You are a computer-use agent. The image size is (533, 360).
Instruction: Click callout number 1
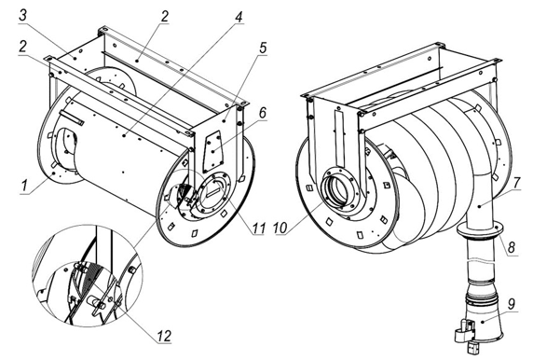coord(24,187)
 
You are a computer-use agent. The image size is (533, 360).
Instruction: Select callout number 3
coord(22,15)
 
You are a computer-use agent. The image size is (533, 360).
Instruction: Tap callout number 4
coord(239,16)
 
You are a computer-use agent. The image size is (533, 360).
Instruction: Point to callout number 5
coord(263,48)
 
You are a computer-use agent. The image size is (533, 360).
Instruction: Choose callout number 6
coord(263,113)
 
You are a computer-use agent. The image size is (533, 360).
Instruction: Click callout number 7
coord(516,183)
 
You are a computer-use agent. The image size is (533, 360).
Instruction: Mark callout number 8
coord(512,247)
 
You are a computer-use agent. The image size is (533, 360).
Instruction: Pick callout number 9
coord(511,303)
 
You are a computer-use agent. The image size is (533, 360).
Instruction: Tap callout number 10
coord(280,228)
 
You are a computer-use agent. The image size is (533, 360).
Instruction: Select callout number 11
coord(258,228)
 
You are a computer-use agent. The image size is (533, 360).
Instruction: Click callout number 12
coord(163,336)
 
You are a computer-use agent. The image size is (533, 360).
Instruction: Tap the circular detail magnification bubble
coord(88,275)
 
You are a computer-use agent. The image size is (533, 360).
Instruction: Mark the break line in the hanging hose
coord(481,261)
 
